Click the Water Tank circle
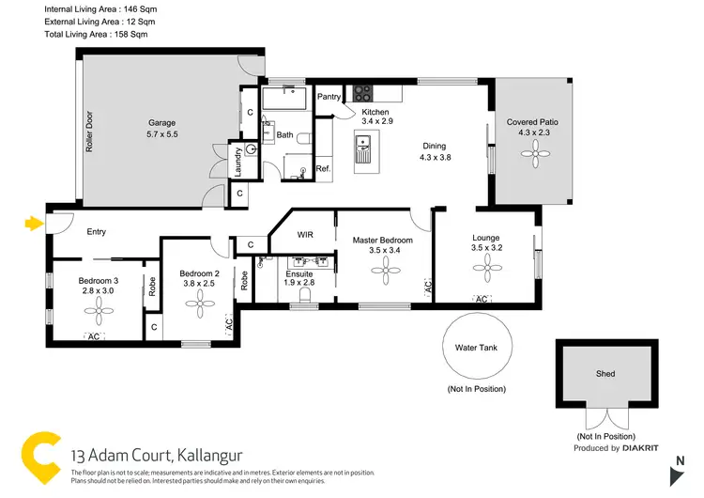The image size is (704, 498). tap(479, 347)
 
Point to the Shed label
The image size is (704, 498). tap(605, 373)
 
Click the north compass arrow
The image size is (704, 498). tap(680, 473)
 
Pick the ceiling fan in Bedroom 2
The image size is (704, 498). tap(198, 303)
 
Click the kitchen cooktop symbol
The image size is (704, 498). tap(362, 93)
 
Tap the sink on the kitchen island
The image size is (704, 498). tap(362, 146)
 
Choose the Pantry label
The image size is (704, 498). tap(329, 96)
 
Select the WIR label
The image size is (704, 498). tap(305, 234)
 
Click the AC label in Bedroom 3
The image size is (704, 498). tap(94, 336)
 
